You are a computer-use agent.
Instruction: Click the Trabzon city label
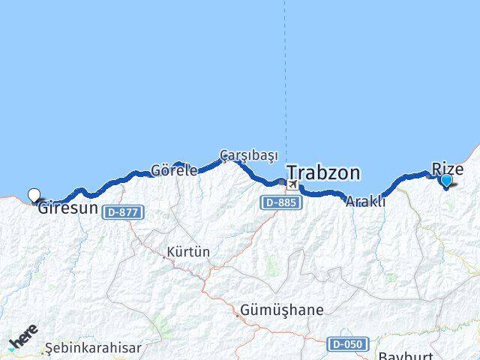pyautogui.click(x=322, y=173)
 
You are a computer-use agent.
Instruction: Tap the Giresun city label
pyautogui.click(x=68, y=208)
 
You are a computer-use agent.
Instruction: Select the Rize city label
pyautogui.click(x=448, y=169)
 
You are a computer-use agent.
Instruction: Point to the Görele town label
pyautogui.click(x=175, y=170)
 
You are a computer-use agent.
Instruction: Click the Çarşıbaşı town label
pyautogui.click(x=248, y=155)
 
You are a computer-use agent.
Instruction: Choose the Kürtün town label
pyautogui.click(x=189, y=252)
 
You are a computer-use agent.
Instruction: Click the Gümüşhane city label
pyautogui.click(x=282, y=310)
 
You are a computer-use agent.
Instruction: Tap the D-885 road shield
pyautogui.click(x=280, y=202)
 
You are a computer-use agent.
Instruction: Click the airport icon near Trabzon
pyautogui.click(x=292, y=184)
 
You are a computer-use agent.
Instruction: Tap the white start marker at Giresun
pyautogui.click(x=34, y=196)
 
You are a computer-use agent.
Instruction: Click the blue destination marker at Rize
pyautogui.click(x=446, y=180)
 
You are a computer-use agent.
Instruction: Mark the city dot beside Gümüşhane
pyautogui.click(x=237, y=315)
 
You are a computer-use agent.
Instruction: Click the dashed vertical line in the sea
pyautogui.click(x=285, y=75)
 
